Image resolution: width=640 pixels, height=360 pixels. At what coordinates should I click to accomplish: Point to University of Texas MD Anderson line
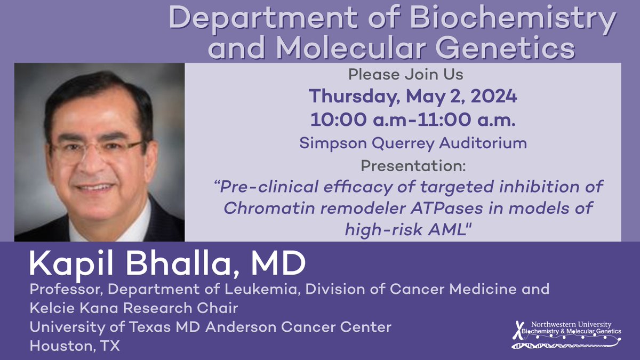pyautogui.click(x=211, y=327)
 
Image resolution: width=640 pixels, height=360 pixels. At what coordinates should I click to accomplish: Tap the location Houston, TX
pyautogui.click(x=75, y=346)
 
